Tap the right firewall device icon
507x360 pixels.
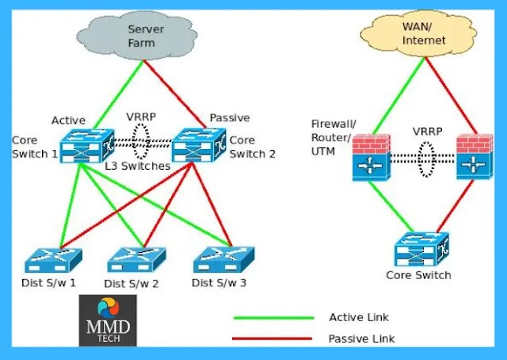pos(476,159)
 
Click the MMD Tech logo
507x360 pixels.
pos(108,320)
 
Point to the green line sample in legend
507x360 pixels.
pos(273,318)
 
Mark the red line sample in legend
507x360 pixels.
pos(273,339)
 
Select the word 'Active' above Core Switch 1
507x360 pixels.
pos(68,120)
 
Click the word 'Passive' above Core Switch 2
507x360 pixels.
pos(230,117)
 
